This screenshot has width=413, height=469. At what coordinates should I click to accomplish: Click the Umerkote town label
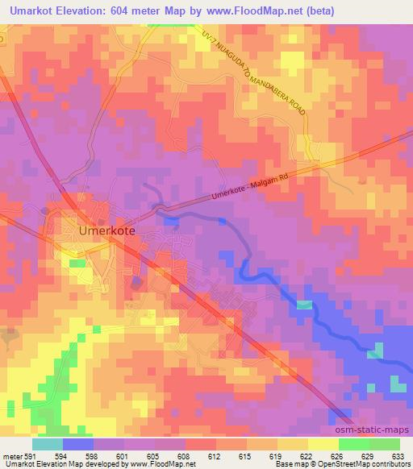click(106, 229)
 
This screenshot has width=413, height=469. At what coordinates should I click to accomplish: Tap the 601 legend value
click(120, 456)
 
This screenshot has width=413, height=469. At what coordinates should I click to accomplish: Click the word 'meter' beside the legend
click(11, 456)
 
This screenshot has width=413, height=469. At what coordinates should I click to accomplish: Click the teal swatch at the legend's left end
click(48, 444)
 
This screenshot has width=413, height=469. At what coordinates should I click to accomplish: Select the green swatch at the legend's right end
click(384, 444)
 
